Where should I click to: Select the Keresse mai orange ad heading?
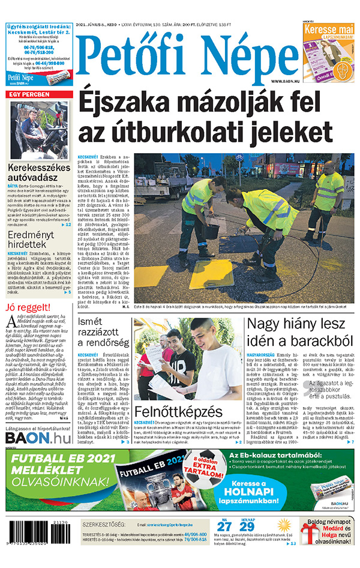pyautogui.click(x=328, y=29)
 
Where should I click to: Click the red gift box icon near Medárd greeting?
pyautogui.click(x=310, y=533)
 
